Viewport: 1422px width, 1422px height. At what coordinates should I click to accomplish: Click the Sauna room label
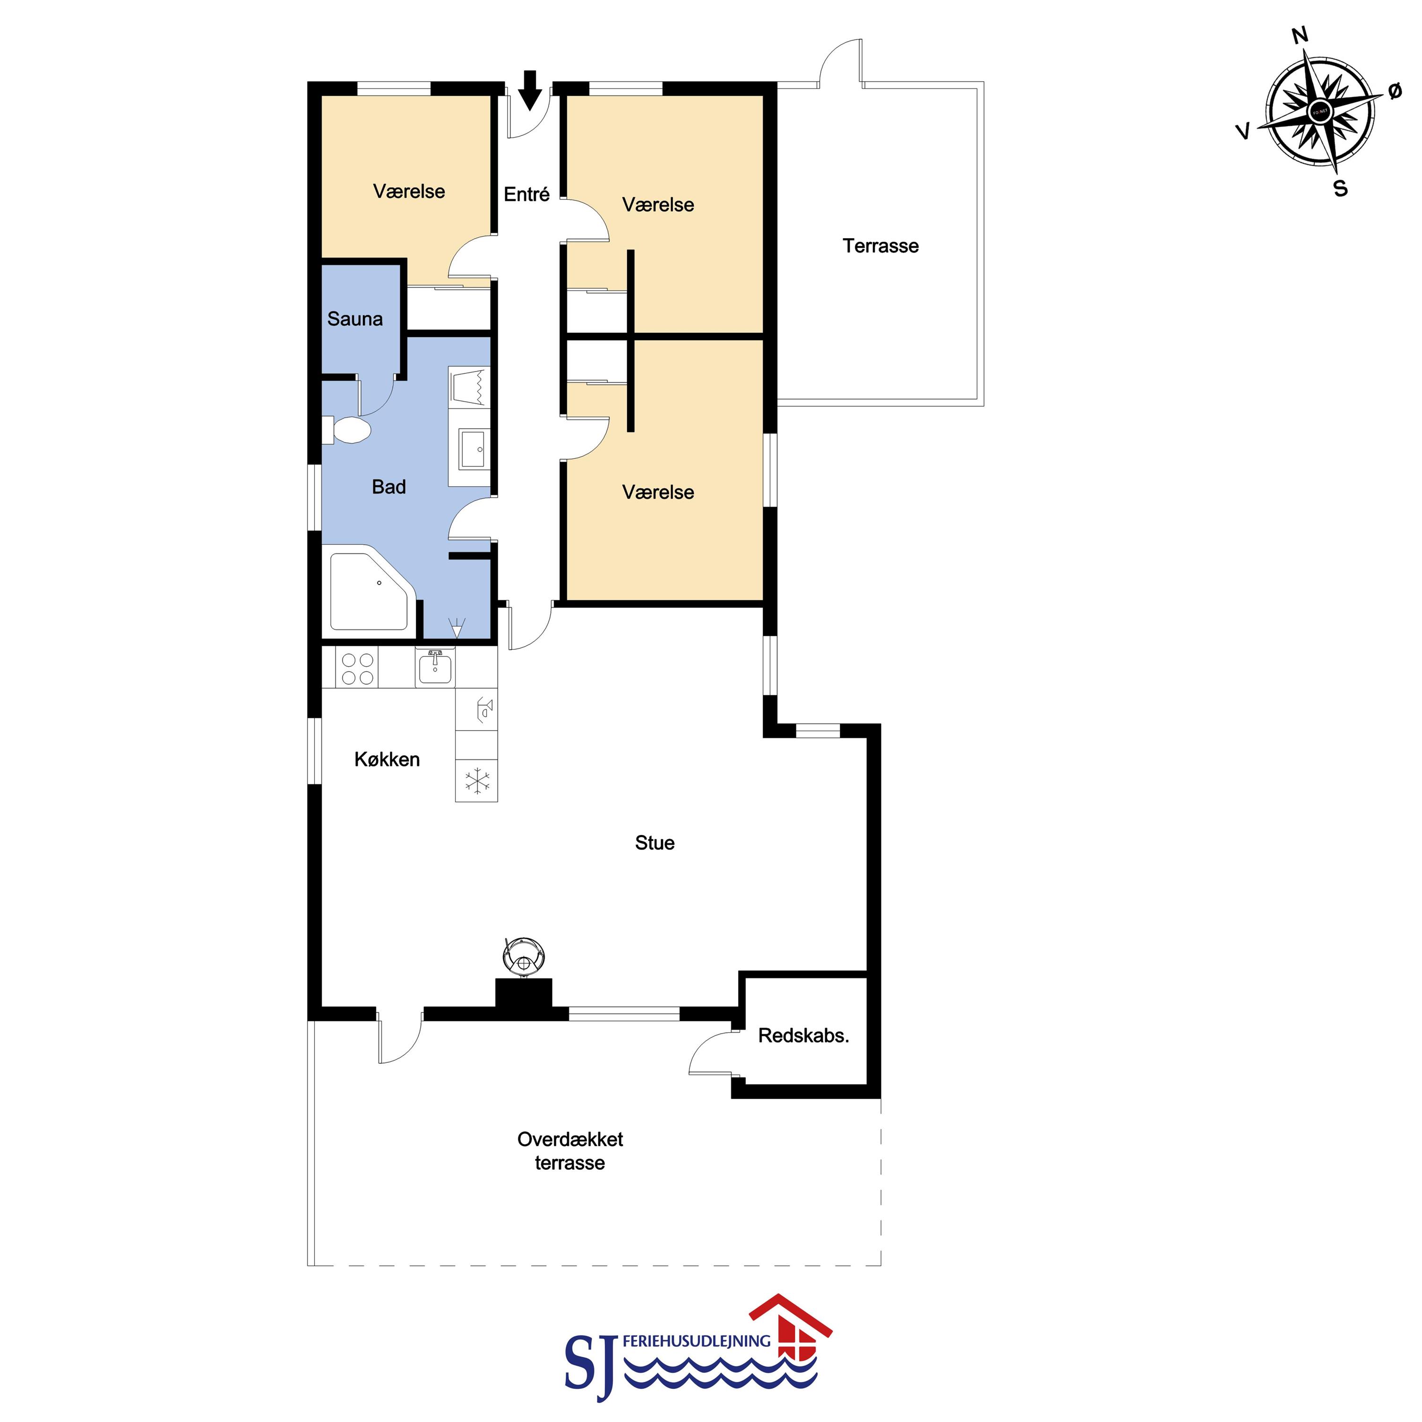[355, 319]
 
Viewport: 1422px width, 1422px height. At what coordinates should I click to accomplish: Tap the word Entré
[526, 194]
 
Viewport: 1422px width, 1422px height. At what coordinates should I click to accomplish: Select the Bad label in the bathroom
[388, 486]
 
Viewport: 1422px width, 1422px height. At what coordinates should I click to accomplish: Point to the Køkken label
[387, 759]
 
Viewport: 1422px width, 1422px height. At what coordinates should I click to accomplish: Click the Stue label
[655, 842]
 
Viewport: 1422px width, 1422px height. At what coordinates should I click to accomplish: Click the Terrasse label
[880, 245]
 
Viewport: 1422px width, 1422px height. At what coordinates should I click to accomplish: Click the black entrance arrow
[530, 90]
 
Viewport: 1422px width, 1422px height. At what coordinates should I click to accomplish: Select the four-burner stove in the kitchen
[358, 668]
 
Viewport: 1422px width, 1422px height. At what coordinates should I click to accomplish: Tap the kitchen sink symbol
[435, 668]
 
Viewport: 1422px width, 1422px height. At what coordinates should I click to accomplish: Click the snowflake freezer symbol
[477, 780]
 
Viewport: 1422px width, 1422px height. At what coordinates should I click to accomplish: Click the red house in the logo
[791, 1334]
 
